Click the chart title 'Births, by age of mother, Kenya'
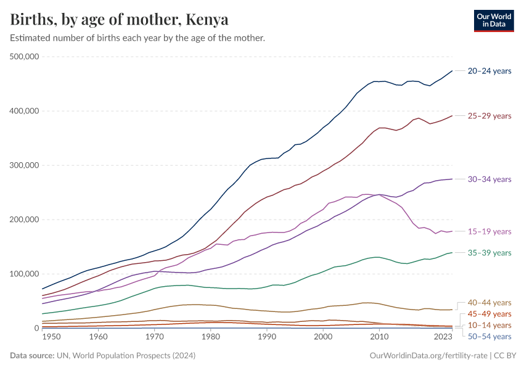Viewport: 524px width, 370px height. click(x=120, y=20)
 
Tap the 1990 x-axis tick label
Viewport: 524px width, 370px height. click(x=266, y=337)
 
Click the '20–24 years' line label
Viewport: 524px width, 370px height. click(x=489, y=71)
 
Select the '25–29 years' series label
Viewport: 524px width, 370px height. click(x=489, y=116)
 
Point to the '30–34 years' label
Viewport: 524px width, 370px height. click(x=489, y=179)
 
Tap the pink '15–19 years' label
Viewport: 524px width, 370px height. click(x=489, y=231)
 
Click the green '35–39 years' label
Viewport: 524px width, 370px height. click(x=489, y=253)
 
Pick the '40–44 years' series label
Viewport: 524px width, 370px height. click(x=489, y=303)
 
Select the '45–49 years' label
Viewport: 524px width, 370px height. click(x=489, y=314)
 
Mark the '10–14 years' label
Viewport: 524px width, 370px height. click(x=489, y=325)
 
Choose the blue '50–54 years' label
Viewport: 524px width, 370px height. click(x=489, y=336)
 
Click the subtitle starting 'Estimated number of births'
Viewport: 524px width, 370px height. click(x=137, y=38)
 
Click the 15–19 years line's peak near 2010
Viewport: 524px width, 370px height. click(x=379, y=195)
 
